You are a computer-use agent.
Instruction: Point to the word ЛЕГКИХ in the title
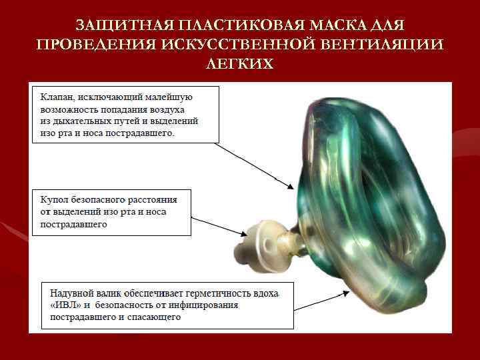pyautogui.click(x=239, y=63)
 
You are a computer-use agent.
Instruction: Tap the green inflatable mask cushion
pyautogui.click(x=373, y=200)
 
